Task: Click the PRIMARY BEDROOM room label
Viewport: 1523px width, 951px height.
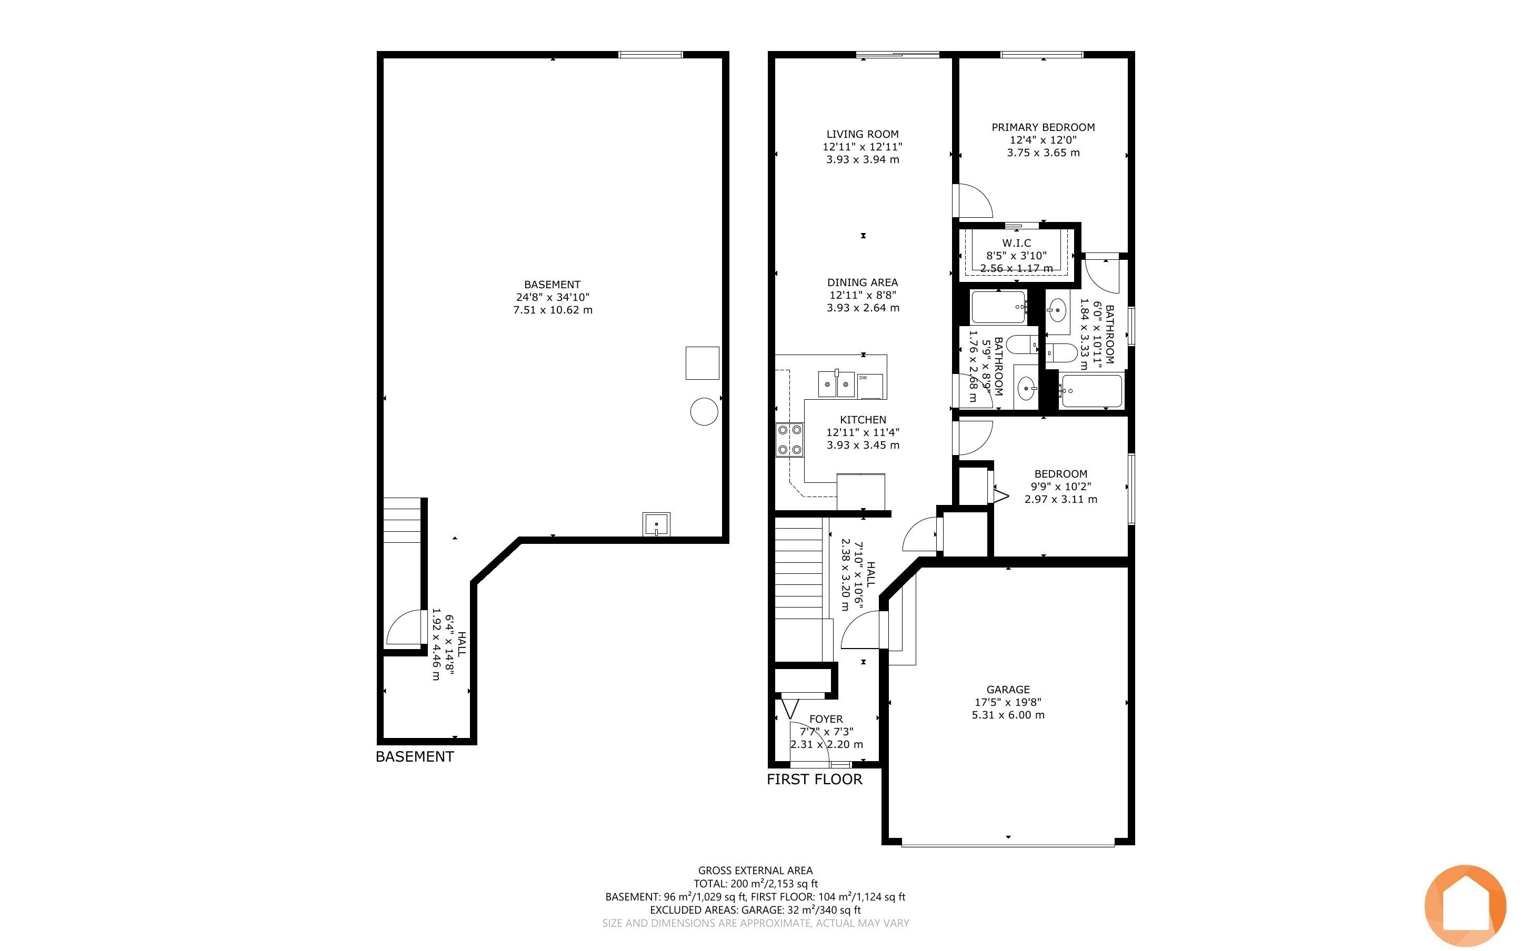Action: pos(1043,127)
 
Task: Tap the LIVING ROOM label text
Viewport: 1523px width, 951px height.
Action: pos(863,134)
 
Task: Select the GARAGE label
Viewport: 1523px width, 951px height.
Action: pos(1008,690)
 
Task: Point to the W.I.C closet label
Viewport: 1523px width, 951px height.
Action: pos(1017,243)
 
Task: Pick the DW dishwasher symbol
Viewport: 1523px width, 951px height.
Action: pos(870,386)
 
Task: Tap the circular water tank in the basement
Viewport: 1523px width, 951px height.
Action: pos(704,412)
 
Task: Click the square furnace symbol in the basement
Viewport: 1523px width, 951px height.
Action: pos(702,363)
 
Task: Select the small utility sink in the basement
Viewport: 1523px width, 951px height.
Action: pos(656,524)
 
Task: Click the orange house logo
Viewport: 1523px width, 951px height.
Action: pos(1465,906)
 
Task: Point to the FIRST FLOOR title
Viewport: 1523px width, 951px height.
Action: pos(814,780)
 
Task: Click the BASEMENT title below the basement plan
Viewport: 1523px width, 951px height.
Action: pos(415,757)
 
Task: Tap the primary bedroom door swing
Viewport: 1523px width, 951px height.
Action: pos(973,200)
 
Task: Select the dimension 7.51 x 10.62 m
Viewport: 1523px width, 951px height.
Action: pos(553,310)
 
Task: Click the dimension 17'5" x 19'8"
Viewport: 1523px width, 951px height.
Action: pos(1008,702)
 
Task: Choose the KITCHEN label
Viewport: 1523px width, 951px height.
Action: pos(863,420)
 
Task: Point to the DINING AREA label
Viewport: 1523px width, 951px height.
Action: pos(863,282)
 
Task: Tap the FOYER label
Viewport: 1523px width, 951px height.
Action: pos(826,719)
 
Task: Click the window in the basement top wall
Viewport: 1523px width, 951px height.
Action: pos(651,55)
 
